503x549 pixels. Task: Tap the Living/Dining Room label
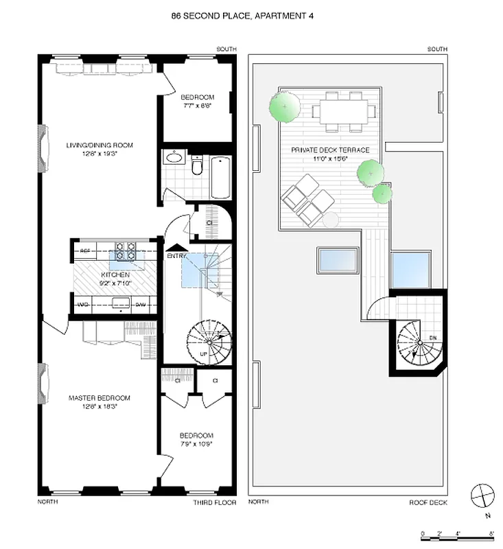(100, 145)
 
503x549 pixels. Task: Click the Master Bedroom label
(99, 398)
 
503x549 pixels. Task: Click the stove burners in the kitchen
(124, 250)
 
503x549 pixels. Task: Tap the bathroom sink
(172, 159)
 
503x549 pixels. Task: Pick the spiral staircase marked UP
(209, 342)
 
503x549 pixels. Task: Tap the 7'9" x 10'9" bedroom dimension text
(196, 443)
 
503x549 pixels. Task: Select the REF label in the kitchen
(86, 251)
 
